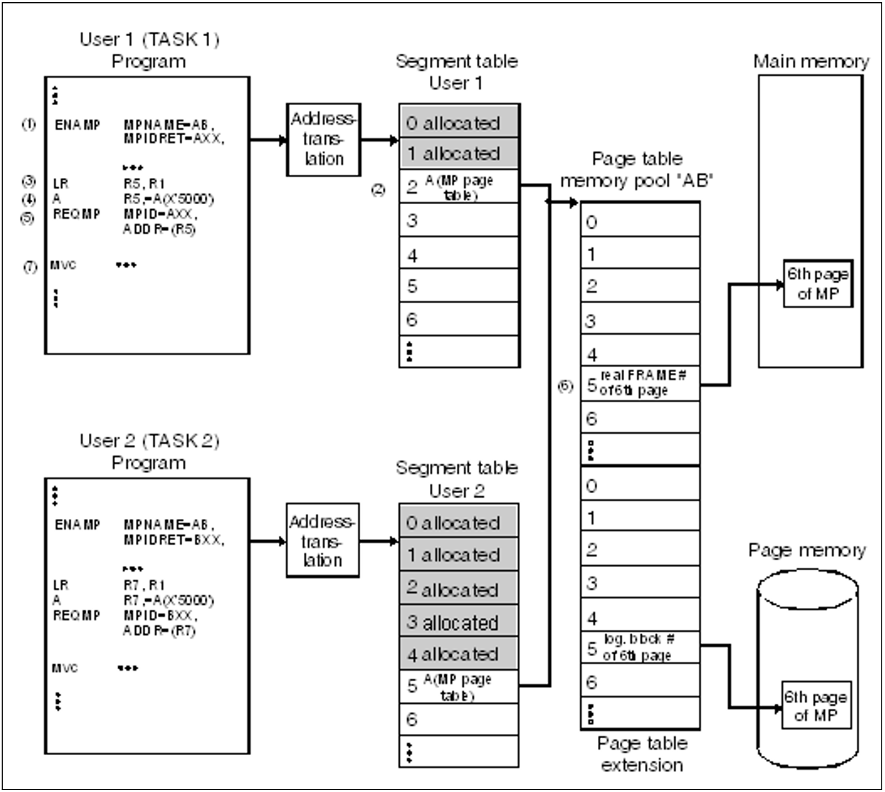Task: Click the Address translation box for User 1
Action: [324, 140]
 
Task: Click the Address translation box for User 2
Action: [323, 540]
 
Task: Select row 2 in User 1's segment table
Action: [459, 187]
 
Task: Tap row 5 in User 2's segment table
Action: [459, 687]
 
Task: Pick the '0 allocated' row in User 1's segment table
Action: [459, 122]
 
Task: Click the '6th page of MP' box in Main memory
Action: [818, 284]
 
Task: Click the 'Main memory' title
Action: [811, 61]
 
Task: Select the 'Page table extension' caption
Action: [642, 754]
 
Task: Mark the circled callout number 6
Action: [566, 386]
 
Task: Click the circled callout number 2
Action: [378, 190]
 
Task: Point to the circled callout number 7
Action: [30, 267]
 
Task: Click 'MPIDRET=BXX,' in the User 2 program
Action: [174, 540]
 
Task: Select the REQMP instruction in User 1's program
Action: [76, 214]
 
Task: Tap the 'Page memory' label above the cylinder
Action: [807, 550]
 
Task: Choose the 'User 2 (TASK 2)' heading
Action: [149, 441]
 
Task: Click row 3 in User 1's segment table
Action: [459, 220]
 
